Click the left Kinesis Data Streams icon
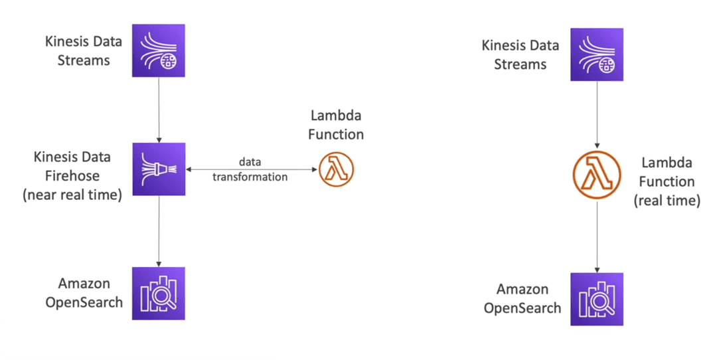click(159, 50)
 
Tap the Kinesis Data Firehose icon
click(159, 169)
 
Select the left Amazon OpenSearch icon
click(159, 293)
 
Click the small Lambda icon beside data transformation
click(336, 169)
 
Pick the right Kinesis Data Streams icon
click(597, 54)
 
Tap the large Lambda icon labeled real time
click(597, 174)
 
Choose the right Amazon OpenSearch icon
click(597, 299)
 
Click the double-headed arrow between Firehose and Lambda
click(252, 170)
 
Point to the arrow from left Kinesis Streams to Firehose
click(159, 110)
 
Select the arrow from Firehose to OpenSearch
click(159, 231)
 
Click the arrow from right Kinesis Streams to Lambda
click(597, 115)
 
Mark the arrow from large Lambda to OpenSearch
click(597, 236)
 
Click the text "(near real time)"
click(72, 195)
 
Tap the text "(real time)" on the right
click(667, 201)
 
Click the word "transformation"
click(250, 177)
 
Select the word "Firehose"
click(72, 175)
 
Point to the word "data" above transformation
click(250, 162)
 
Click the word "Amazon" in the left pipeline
click(84, 284)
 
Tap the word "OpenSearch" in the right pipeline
click(522, 308)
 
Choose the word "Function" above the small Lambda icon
click(336, 134)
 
